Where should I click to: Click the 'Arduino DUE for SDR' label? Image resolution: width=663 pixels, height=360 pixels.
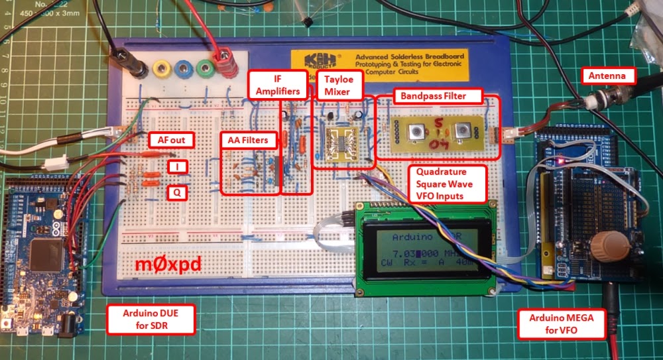pos(151,320)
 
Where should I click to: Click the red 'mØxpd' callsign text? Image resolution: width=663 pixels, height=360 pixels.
pos(168,265)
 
